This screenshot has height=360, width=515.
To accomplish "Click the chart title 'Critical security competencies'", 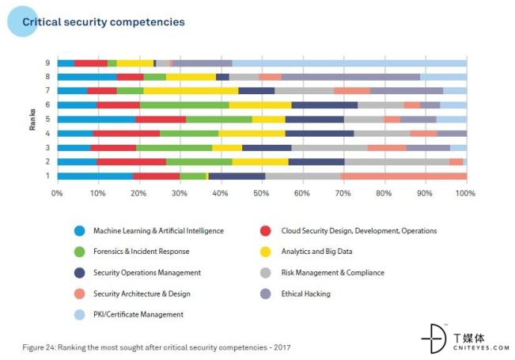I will tap(103, 22).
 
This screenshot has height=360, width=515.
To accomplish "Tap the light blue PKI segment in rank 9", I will tap(348, 63).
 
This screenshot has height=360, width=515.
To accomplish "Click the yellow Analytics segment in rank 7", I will tap(190, 91).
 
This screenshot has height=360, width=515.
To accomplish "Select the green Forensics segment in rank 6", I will tap(184, 105).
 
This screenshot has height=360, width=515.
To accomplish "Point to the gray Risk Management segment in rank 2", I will tap(396, 161).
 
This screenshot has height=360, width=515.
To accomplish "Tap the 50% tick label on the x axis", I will tap(262, 192).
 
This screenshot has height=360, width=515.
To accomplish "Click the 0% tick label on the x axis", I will tap(57, 192).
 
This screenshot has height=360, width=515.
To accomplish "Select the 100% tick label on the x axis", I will tap(465, 192).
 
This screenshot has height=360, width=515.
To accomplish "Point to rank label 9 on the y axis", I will tap(48, 63).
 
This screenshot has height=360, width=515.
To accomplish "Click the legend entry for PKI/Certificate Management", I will tap(138, 314).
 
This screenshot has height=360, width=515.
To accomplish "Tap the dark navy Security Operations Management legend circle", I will tap(79, 272).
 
